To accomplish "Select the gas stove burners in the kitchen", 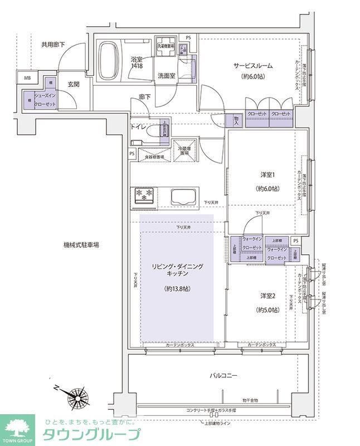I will pos(143,195).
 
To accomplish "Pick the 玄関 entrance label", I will pos(74,84).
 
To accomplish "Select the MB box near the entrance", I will pos(27,77).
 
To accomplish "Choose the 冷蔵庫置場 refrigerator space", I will pos(183,149).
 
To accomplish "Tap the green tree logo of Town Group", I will pos(17,429).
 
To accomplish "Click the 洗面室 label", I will pos(166,75).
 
